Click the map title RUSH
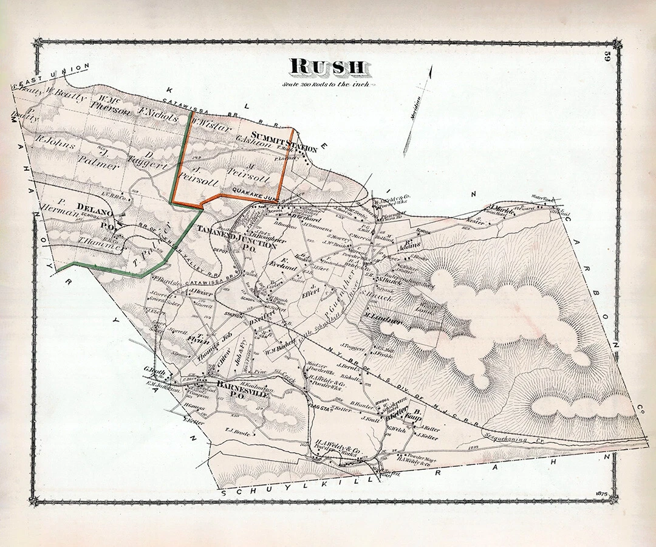click(327, 67)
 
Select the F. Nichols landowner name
click(157, 112)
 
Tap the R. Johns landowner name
click(56, 145)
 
